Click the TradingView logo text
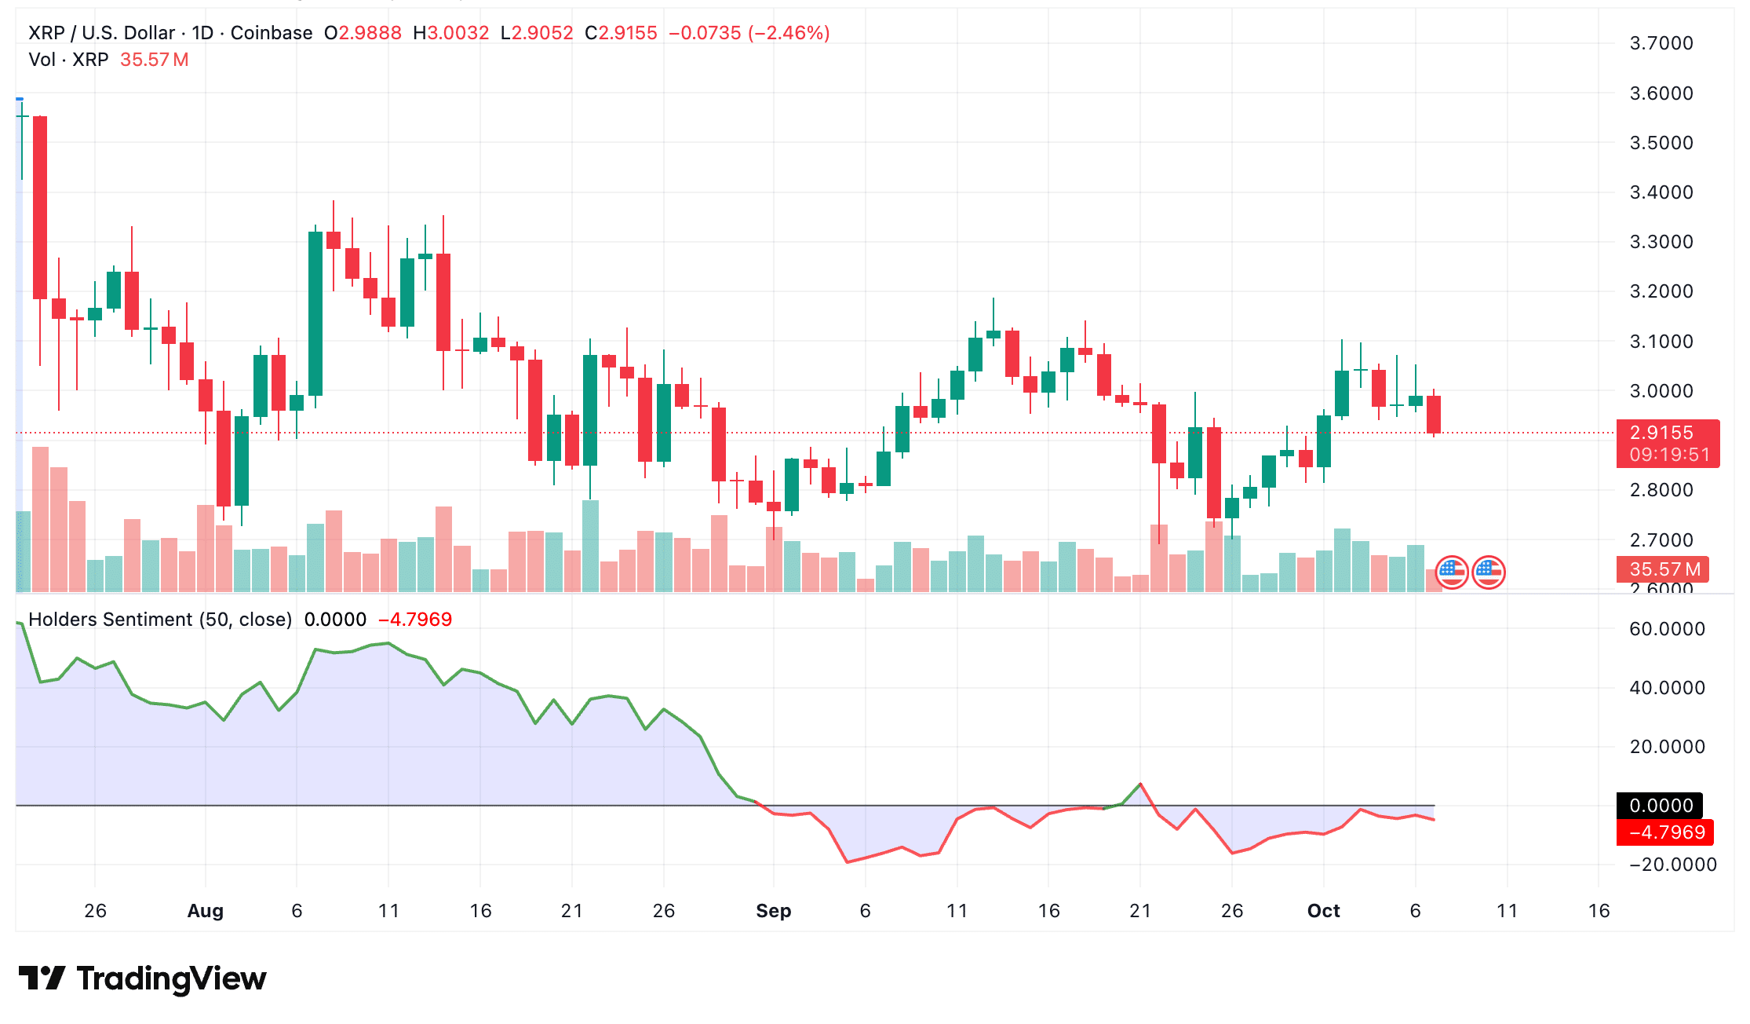point(171,978)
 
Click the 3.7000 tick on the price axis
point(1661,43)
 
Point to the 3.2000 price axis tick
point(1661,291)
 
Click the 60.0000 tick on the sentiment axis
point(1667,629)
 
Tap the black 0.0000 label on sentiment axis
point(1660,806)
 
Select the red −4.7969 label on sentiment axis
point(1665,832)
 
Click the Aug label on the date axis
point(206,911)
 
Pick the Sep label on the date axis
point(773,911)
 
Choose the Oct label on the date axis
point(1323,911)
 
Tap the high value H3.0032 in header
point(451,33)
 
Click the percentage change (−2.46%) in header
point(789,33)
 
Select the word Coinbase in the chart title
point(272,33)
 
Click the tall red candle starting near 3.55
point(40,208)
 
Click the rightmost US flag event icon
point(1489,572)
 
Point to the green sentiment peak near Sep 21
point(1139,784)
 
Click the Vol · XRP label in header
point(68,60)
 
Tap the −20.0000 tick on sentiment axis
point(1672,865)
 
